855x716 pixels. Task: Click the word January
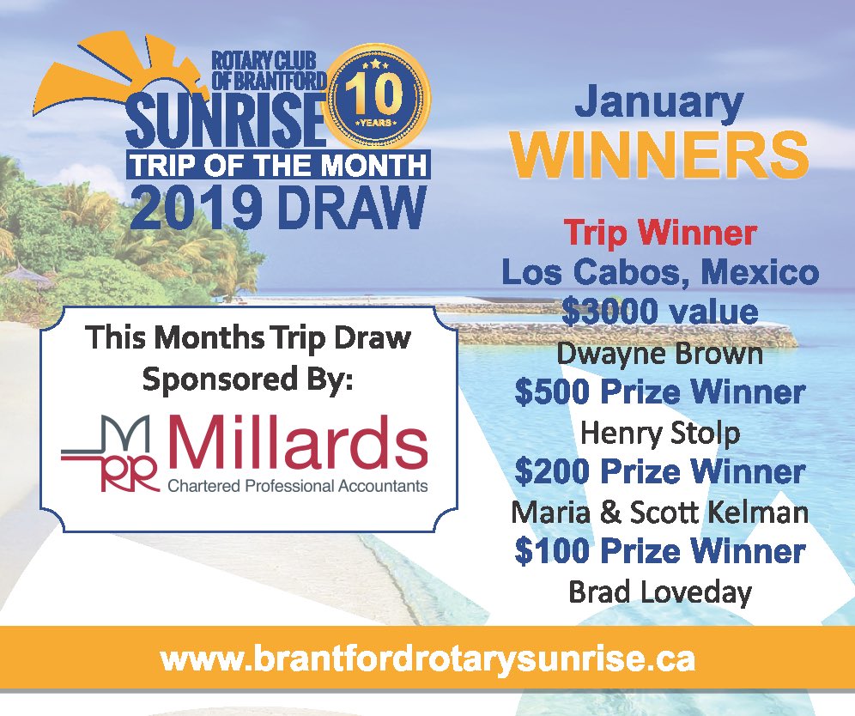(658, 104)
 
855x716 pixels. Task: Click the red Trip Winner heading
(659, 233)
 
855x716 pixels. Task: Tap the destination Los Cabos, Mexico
(659, 273)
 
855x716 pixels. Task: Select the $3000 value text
(659, 312)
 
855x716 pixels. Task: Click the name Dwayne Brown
(659, 352)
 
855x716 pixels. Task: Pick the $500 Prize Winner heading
(659, 392)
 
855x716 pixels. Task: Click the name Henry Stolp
(659, 433)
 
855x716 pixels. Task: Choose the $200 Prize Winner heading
(659, 472)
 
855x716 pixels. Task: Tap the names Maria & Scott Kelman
(659, 513)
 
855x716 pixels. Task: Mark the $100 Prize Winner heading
(659, 551)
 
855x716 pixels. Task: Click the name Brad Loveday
(659, 592)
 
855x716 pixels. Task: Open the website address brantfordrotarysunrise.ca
(427, 659)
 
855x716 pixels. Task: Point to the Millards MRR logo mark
(112, 455)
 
